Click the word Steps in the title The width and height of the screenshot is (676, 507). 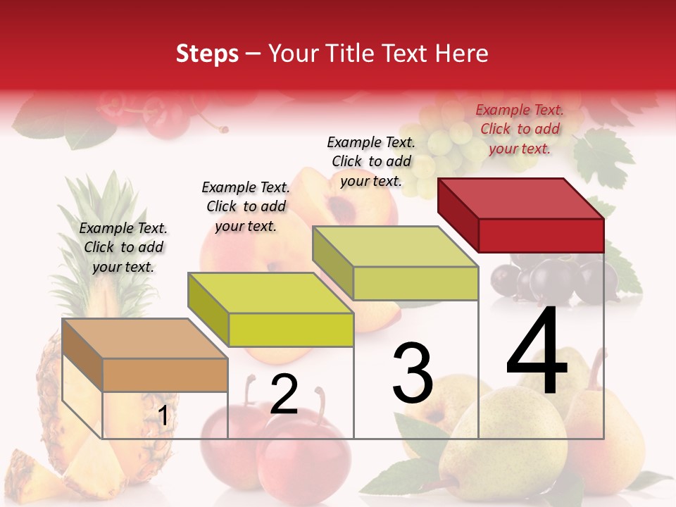(207, 54)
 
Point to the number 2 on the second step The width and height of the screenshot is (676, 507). (284, 394)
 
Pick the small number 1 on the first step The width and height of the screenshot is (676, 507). (163, 416)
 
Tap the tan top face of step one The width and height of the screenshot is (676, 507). (144, 338)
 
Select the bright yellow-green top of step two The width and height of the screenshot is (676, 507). (270, 292)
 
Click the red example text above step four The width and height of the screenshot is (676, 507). (520, 129)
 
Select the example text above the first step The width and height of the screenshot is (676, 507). (123, 247)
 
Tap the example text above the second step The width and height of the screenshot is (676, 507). (246, 206)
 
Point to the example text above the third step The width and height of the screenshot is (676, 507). (371, 161)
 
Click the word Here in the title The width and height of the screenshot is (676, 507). (463, 54)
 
